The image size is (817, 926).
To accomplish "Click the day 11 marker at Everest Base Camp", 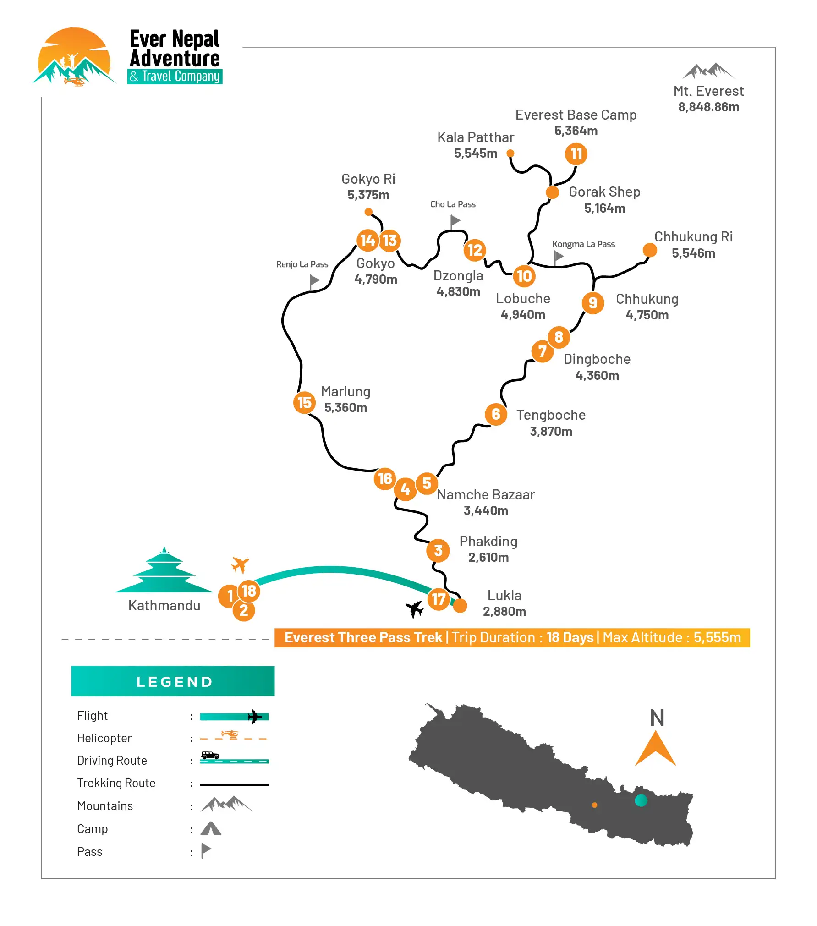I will point(576,154).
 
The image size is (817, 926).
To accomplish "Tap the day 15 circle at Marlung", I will point(304,403).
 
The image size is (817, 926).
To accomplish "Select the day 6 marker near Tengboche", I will point(496,414).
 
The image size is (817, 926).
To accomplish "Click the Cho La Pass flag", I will point(455,222).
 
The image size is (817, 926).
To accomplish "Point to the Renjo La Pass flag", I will point(314,281).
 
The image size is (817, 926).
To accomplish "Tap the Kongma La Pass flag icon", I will point(558,257).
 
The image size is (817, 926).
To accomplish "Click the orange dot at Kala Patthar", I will point(510,153).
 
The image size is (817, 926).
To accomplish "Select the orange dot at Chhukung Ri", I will point(649,250).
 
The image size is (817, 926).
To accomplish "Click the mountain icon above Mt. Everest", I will point(708,71).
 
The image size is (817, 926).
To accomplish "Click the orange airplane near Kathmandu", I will point(240,564).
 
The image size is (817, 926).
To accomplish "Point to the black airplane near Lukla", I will point(415,608).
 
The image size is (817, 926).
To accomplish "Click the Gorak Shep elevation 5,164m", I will point(604,208).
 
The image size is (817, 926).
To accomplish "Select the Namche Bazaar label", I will point(486,495).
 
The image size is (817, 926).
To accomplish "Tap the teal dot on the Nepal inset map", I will point(641,800).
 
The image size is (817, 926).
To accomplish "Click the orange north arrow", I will point(655,749).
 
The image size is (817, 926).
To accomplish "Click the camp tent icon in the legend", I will point(211,828).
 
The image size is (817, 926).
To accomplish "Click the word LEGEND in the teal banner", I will point(174,682).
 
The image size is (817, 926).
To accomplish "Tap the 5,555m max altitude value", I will point(717,637).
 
